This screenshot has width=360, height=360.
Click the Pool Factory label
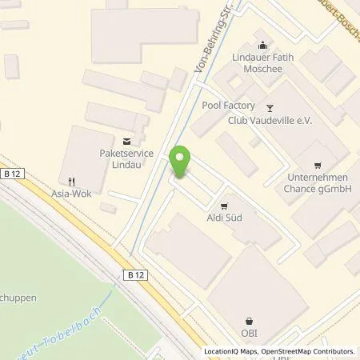click(228, 106)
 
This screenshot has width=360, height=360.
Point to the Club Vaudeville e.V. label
click(267, 121)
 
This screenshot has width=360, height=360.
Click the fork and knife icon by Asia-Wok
click(72, 181)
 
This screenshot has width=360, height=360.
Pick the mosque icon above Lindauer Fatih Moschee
click(262, 45)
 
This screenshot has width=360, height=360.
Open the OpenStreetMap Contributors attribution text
click(311, 351)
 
